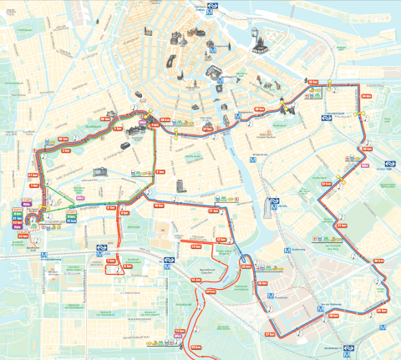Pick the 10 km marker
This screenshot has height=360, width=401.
pos(158,203)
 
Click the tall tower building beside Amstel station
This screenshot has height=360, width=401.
pos(272,206)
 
